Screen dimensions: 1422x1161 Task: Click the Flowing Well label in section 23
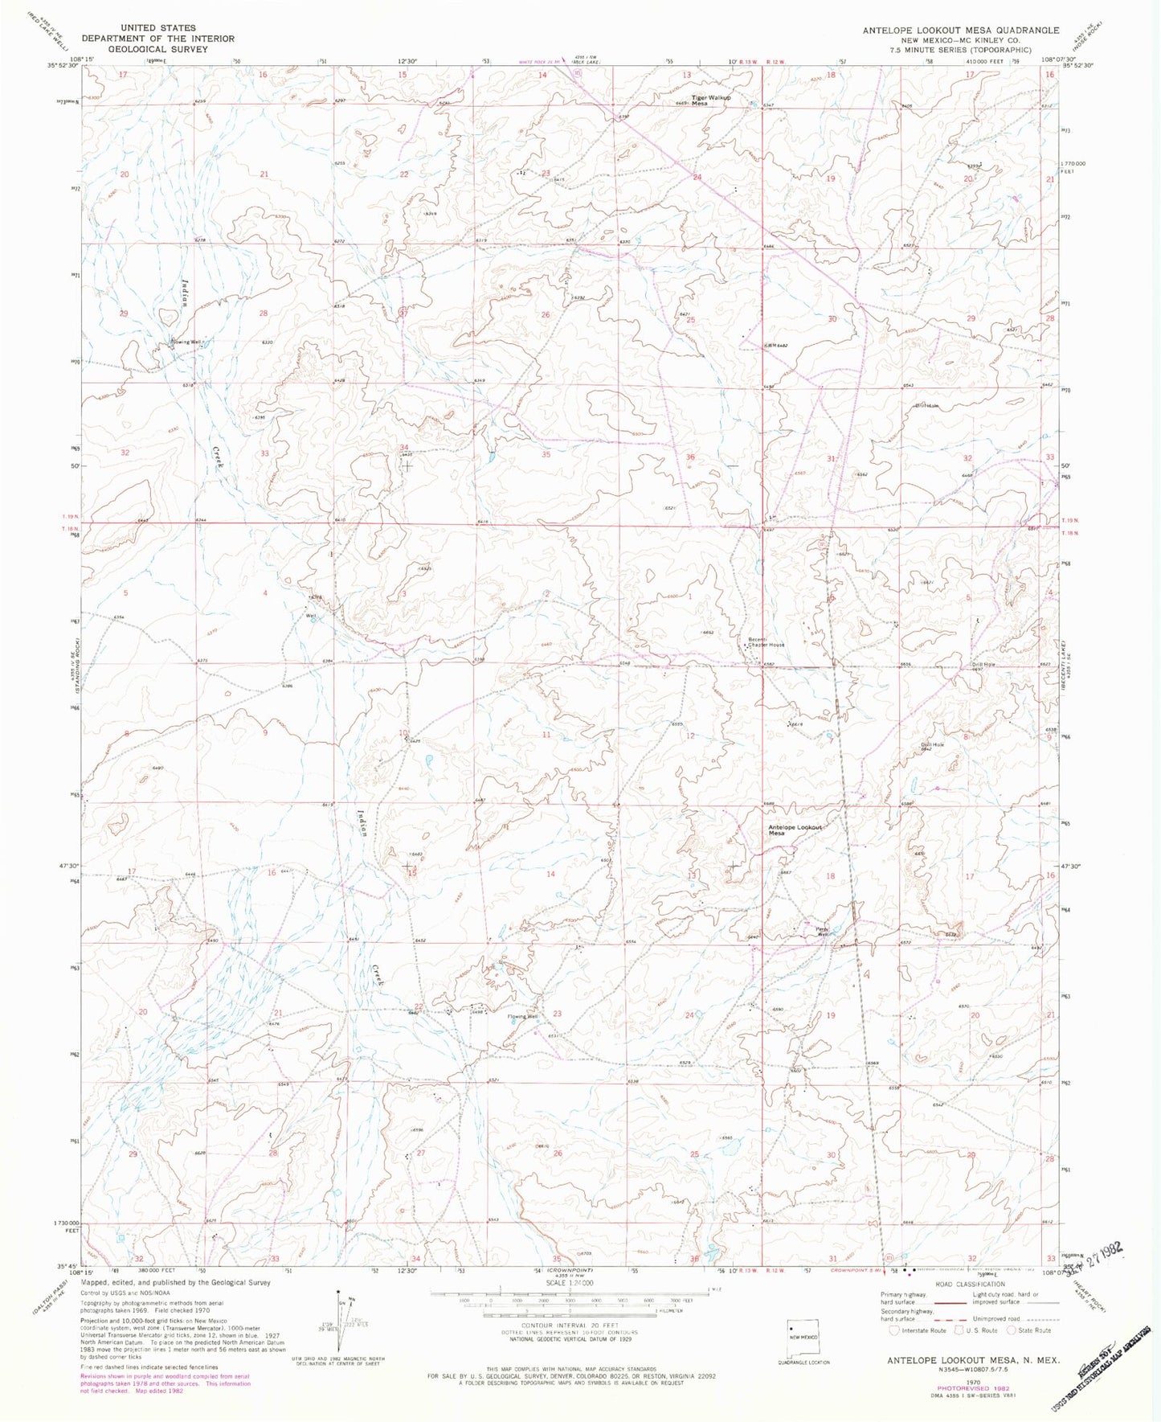pos(522,1017)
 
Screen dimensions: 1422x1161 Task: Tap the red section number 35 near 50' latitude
pos(546,455)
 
